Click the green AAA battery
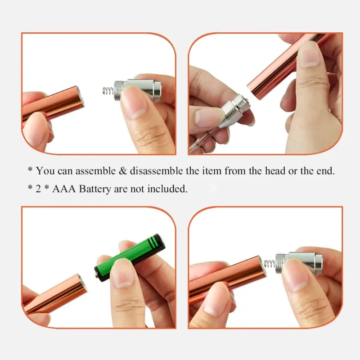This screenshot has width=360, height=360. [x=130, y=258]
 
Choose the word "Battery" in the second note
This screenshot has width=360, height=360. [x=95, y=189]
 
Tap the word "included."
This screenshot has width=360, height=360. [x=167, y=189]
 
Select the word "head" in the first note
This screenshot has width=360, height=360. [x=274, y=171]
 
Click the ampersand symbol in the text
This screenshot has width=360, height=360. [x=123, y=171]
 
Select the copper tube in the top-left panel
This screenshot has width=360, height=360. [x=53, y=104]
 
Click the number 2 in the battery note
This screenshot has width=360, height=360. [x=38, y=189]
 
